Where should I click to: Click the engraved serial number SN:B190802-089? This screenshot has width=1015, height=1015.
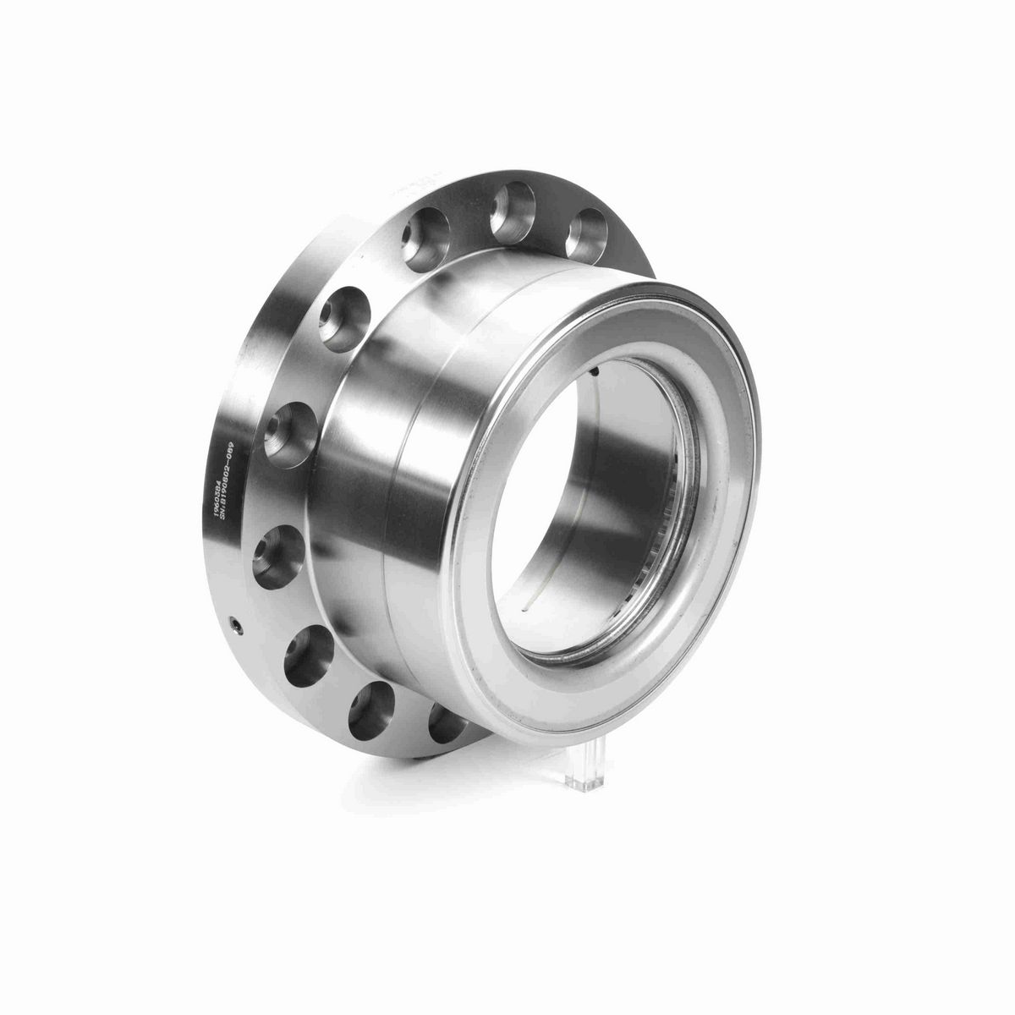tap(228, 488)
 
